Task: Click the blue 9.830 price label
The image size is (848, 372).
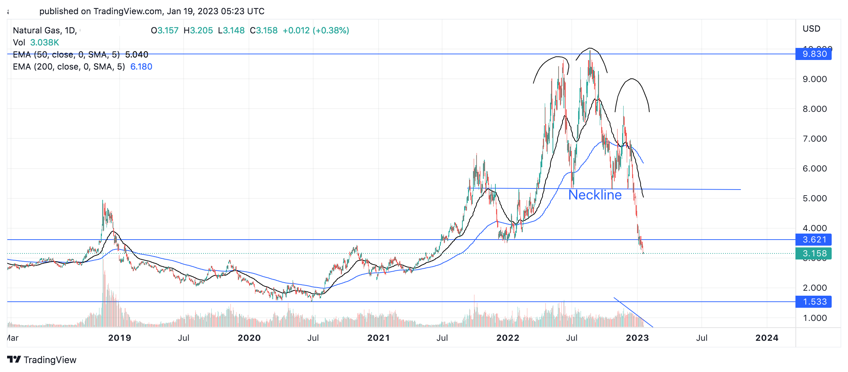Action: [814, 54]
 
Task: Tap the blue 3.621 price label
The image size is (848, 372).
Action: [814, 240]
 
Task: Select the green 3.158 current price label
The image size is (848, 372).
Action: [814, 253]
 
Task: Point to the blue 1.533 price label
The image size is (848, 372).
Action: [814, 302]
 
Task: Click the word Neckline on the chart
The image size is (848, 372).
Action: [595, 195]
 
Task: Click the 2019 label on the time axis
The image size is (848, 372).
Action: [120, 338]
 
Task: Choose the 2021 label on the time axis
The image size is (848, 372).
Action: [379, 338]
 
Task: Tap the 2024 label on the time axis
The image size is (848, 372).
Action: [767, 338]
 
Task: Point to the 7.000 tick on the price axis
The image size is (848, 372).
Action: [815, 139]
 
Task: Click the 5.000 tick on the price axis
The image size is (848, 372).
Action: [815, 198]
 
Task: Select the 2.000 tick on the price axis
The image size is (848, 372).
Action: [815, 288]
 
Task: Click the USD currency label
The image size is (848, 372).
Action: [811, 29]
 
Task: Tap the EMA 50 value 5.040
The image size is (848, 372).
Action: [137, 55]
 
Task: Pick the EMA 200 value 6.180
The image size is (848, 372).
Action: [141, 67]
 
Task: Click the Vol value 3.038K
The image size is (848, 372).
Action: [44, 43]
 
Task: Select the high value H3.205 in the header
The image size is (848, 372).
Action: [198, 31]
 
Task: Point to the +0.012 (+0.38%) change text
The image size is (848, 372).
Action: [316, 31]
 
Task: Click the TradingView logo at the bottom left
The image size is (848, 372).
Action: [42, 360]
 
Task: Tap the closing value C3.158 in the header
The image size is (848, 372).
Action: [263, 31]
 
